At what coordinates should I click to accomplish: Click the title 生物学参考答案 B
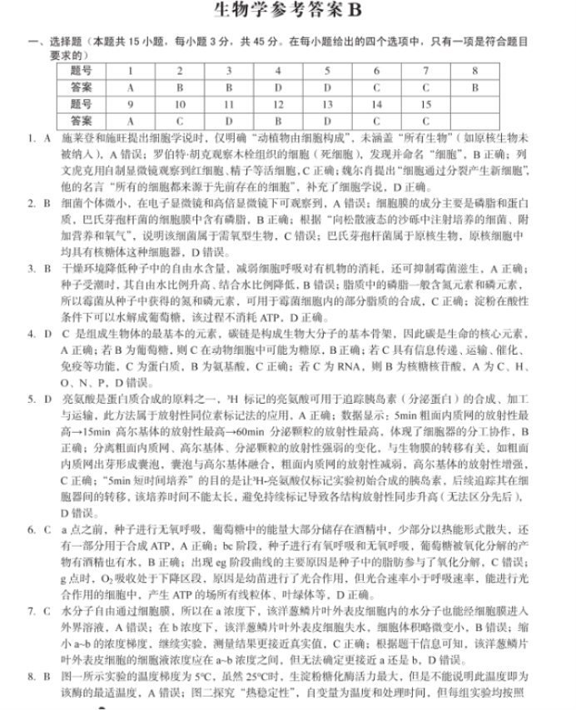click(x=288, y=11)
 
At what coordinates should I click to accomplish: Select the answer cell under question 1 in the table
click(x=130, y=87)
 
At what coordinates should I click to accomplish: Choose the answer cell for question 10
click(x=179, y=120)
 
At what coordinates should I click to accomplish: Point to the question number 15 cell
click(x=425, y=104)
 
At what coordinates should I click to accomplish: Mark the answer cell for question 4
click(x=278, y=87)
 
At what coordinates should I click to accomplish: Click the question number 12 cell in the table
click(x=278, y=104)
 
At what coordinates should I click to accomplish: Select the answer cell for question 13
click(x=327, y=120)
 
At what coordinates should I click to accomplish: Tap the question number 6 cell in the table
click(x=376, y=71)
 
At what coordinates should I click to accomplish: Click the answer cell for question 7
click(x=425, y=87)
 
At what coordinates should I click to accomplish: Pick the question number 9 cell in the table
click(x=130, y=104)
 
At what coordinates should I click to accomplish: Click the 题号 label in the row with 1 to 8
click(x=82, y=71)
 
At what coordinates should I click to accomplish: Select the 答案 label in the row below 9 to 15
click(x=82, y=120)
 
